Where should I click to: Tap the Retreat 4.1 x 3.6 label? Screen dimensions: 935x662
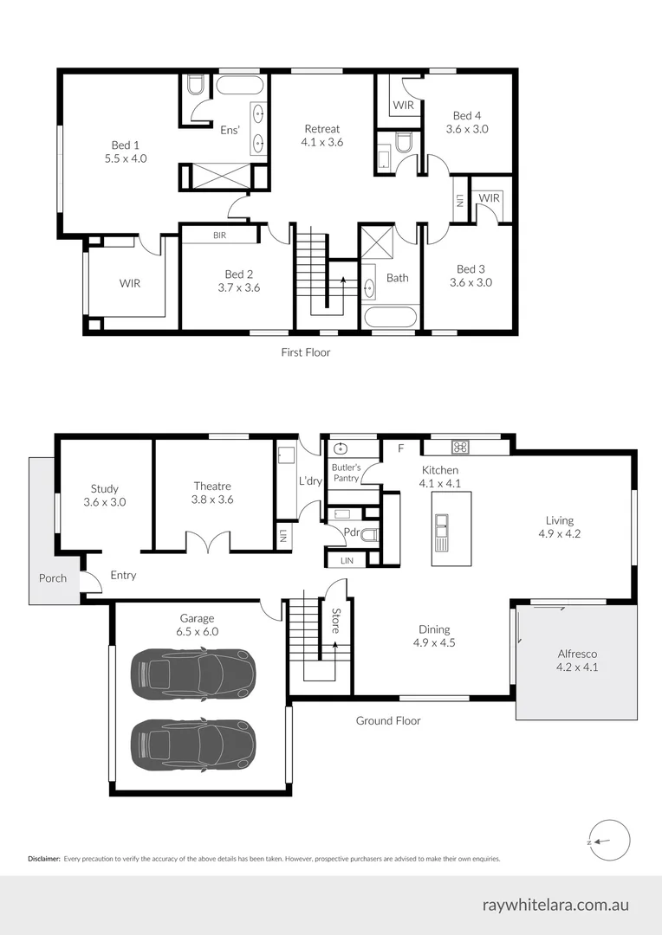coord(321,135)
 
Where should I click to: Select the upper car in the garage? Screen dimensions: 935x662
coord(192,672)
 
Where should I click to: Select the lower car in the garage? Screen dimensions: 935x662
coord(192,743)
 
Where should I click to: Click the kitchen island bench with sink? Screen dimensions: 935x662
coord(451,528)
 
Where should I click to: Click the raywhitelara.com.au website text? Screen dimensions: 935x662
coord(555,906)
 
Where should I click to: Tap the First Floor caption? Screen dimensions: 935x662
coord(305,352)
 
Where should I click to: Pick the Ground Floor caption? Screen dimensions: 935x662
coord(388,720)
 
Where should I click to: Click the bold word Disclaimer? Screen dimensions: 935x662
coord(43,859)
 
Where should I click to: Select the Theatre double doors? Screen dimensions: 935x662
coord(209,542)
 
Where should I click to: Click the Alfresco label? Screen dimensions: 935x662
coord(577,661)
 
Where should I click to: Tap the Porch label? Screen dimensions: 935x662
coord(53,578)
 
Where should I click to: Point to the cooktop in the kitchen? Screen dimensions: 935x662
coord(460,448)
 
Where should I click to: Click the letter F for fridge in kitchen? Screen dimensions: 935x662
coord(400,448)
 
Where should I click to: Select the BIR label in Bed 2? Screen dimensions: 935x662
coord(220,235)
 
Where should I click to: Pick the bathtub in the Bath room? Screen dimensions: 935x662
coord(391,316)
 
